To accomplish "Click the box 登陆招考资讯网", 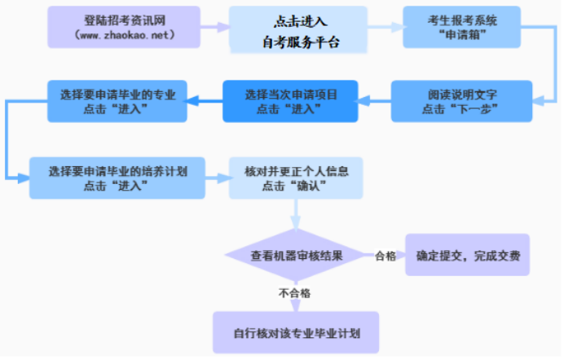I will coord(123,27).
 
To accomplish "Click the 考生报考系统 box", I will coord(461,27).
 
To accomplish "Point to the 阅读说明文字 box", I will coord(461,100).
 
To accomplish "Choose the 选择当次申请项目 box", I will coord(290,101).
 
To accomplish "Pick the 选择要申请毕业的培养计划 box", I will coord(118,178).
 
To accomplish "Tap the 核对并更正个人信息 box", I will coord(295,178).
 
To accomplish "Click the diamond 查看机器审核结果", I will coord(296,255).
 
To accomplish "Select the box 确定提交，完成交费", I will coord(468,256).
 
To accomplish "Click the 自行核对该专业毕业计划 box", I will coord(296,331).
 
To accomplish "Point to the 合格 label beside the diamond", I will coord(385,256).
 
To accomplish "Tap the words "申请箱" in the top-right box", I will coord(461,36).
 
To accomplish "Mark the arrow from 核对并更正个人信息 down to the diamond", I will coord(296,214).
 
